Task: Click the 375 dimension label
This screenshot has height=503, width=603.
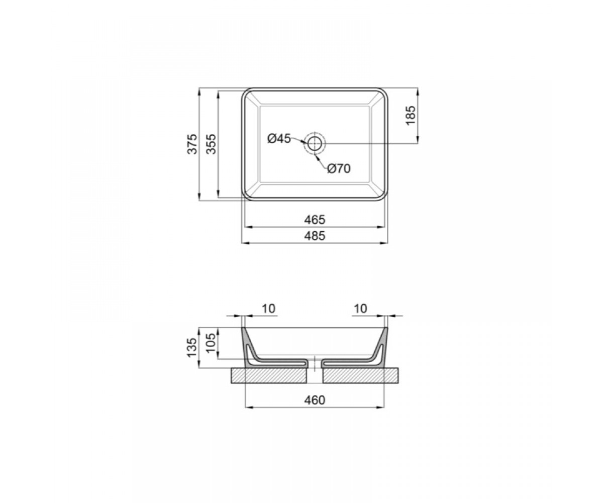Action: pyautogui.click(x=192, y=144)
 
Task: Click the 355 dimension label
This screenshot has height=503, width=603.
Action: pyautogui.click(x=212, y=144)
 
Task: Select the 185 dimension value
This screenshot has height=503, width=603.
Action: pyautogui.click(x=411, y=116)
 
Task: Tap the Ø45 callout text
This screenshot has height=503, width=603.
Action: pyautogui.click(x=279, y=138)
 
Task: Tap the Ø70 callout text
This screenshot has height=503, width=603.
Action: pyautogui.click(x=339, y=169)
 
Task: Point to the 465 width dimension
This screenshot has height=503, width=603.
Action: pyautogui.click(x=315, y=220)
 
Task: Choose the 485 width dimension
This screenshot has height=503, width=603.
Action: pyautogui.click(x=315, y=236)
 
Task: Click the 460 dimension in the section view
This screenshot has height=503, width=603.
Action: pyautogui.click(x=315, y=400)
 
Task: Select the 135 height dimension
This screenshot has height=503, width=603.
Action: pyautogui.click(x=192, y=348)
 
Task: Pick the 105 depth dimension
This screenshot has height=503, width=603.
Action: pyautogui.click(x=212, y=343)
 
